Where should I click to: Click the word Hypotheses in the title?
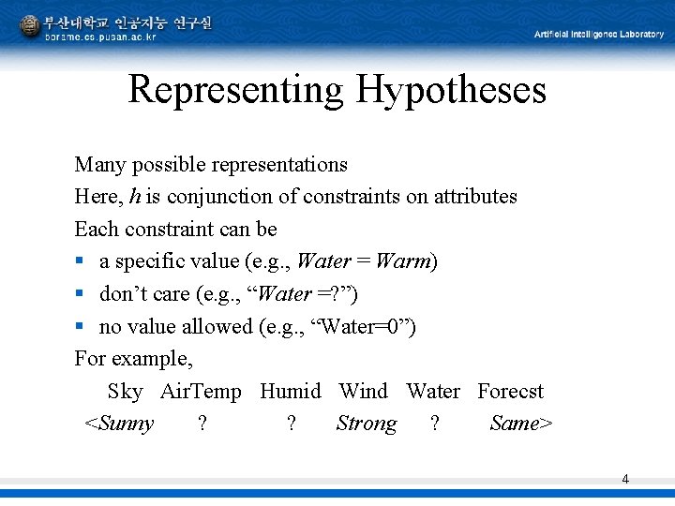click(450, 90)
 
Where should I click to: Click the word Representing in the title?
click(236, 90)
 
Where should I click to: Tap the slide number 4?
click(625, 480)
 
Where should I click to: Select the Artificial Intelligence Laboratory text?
click(598, 35)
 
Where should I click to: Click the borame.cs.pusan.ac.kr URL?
click(100, 37)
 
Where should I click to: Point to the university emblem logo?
click(30, 25)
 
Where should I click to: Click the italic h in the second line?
click(135, 197)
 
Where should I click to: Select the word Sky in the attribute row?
click(125, 392)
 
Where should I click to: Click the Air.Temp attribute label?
click(201, 392)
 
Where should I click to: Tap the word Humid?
click(290, 392)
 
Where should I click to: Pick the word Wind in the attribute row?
click(363, 392)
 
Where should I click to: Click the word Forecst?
click(510, 392)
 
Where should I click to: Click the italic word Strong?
click(366, 424)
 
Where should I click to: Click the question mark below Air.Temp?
click(202, 424)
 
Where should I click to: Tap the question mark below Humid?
click(292, 424)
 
